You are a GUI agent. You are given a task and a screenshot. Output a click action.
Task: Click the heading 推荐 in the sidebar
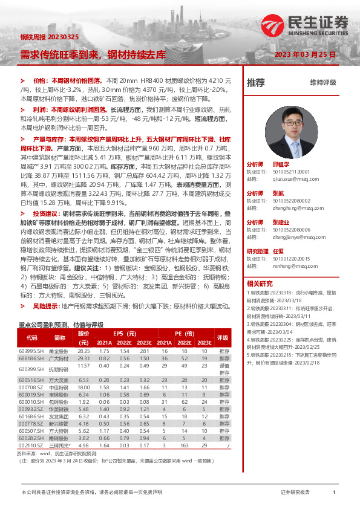255,82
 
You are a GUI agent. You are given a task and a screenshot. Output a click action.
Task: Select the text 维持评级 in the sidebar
322,82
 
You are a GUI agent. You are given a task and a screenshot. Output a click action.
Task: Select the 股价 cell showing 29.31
83,358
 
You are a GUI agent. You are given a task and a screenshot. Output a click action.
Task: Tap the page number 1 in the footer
334,493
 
